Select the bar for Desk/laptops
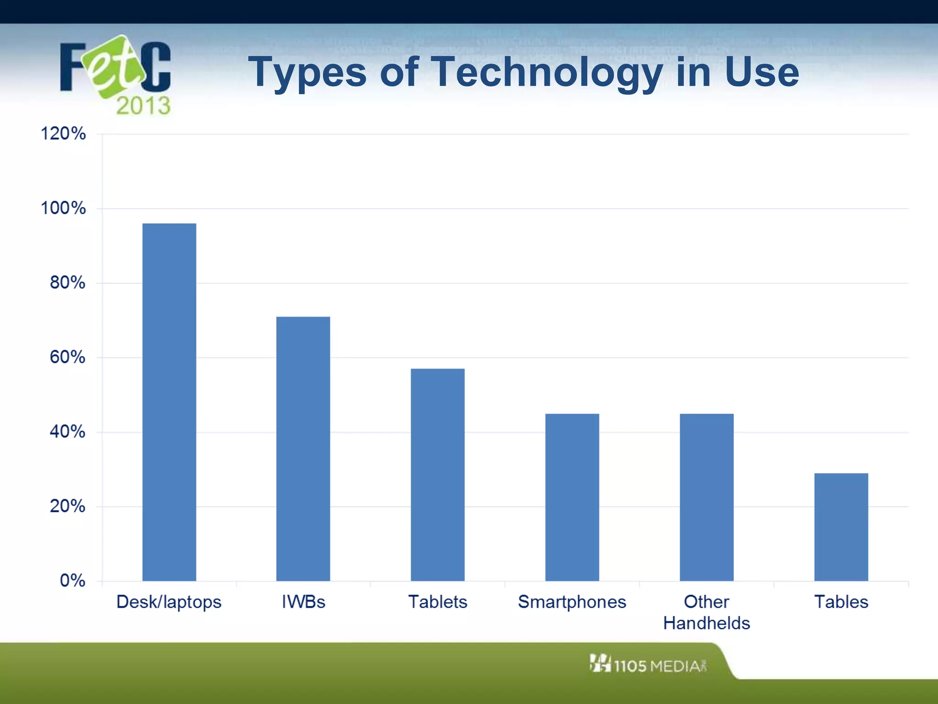tap(169, 402)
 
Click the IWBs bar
tap(303, 449)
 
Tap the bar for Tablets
tap(437, 474)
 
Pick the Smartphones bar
tap(572, 497)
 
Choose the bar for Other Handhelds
tap(706, 497)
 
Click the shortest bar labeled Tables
tap(841, 527)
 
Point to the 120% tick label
tap(63, 134)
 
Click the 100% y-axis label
tap(63, 208)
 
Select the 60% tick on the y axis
tap(67, 357)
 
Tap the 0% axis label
tap(72, 581)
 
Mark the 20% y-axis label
tap(67, 506)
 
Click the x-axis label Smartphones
tap(572, 602)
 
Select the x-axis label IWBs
tap(303, 602)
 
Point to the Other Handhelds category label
tap(706, 612)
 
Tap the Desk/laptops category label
tap(169, 602)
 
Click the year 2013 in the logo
tap(143, 106)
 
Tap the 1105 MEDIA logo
tap(648, 665)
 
